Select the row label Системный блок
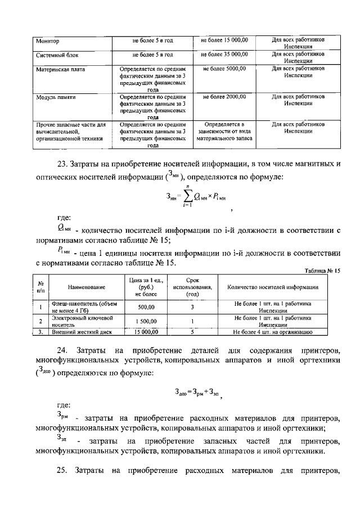57,55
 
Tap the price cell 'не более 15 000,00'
224,40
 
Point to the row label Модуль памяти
56,97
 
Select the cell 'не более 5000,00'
224,68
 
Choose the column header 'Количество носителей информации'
273,287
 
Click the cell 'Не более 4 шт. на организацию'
273,332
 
